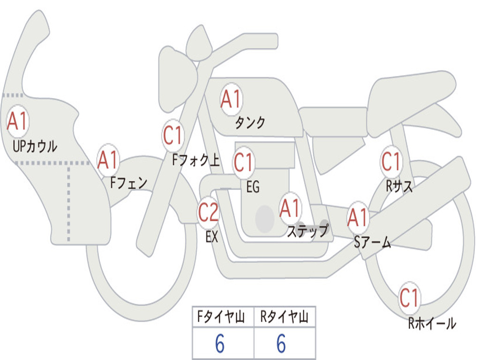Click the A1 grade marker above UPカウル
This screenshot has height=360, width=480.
[18, 121]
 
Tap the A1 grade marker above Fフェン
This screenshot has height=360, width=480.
[108, 160]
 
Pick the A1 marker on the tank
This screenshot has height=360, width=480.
[231, 99]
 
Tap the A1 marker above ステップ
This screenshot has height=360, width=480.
[290, 209]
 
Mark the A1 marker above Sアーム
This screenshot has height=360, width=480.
[358, 217]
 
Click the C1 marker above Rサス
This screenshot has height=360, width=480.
[391, 162]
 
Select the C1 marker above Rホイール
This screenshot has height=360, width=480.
[409, 298]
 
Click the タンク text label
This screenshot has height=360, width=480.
[250, 123]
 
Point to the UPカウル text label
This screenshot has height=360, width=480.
[35, 147]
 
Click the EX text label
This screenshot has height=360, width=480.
[212, 237]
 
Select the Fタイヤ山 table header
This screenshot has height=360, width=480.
[222, 317]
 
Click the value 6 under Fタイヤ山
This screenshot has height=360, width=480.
[220, 344]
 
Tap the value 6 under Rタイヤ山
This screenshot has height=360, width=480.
[281, 344]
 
